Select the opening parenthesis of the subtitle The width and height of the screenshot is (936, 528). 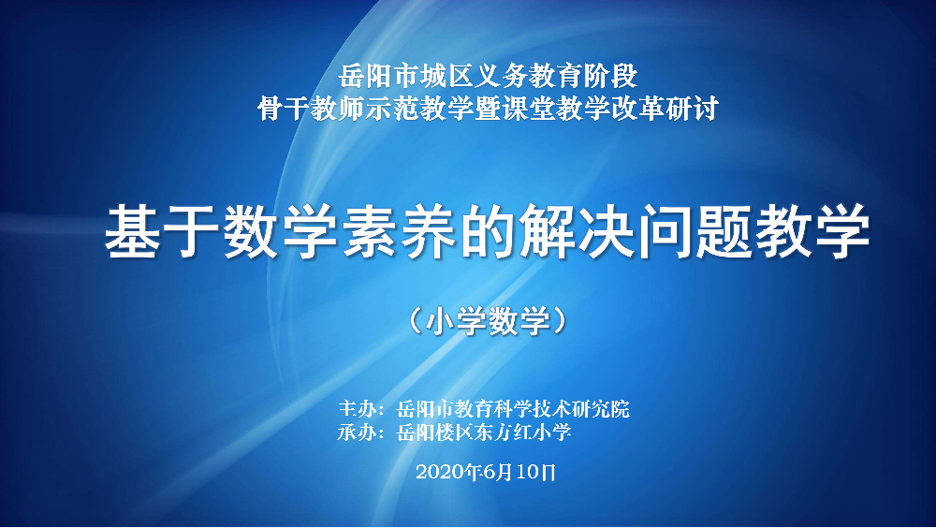coord(416,321)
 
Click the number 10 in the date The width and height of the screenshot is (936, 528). coord(527,472)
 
